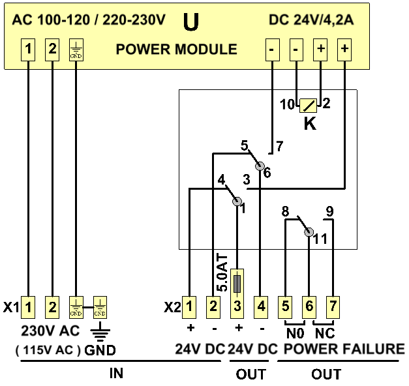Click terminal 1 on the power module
(x=29, y=49)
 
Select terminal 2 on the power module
(x=52, y=49)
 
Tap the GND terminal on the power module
(x=76, y=50)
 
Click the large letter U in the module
(x=191, y=23)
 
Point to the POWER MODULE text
(x=177, y=50)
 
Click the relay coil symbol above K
(x=309, y=104)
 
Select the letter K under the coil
(x=310, y=123)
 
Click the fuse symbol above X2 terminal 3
(x=237, y=282)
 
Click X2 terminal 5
(x=286, y=305)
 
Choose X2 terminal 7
(x=333, y=305)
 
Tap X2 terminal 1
(x=189, y=305)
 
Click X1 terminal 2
(x=52, y=305)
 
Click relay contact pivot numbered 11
(x=310, y=233)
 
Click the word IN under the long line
(x=115, y=375)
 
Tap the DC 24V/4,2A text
(x=311, y=20)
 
